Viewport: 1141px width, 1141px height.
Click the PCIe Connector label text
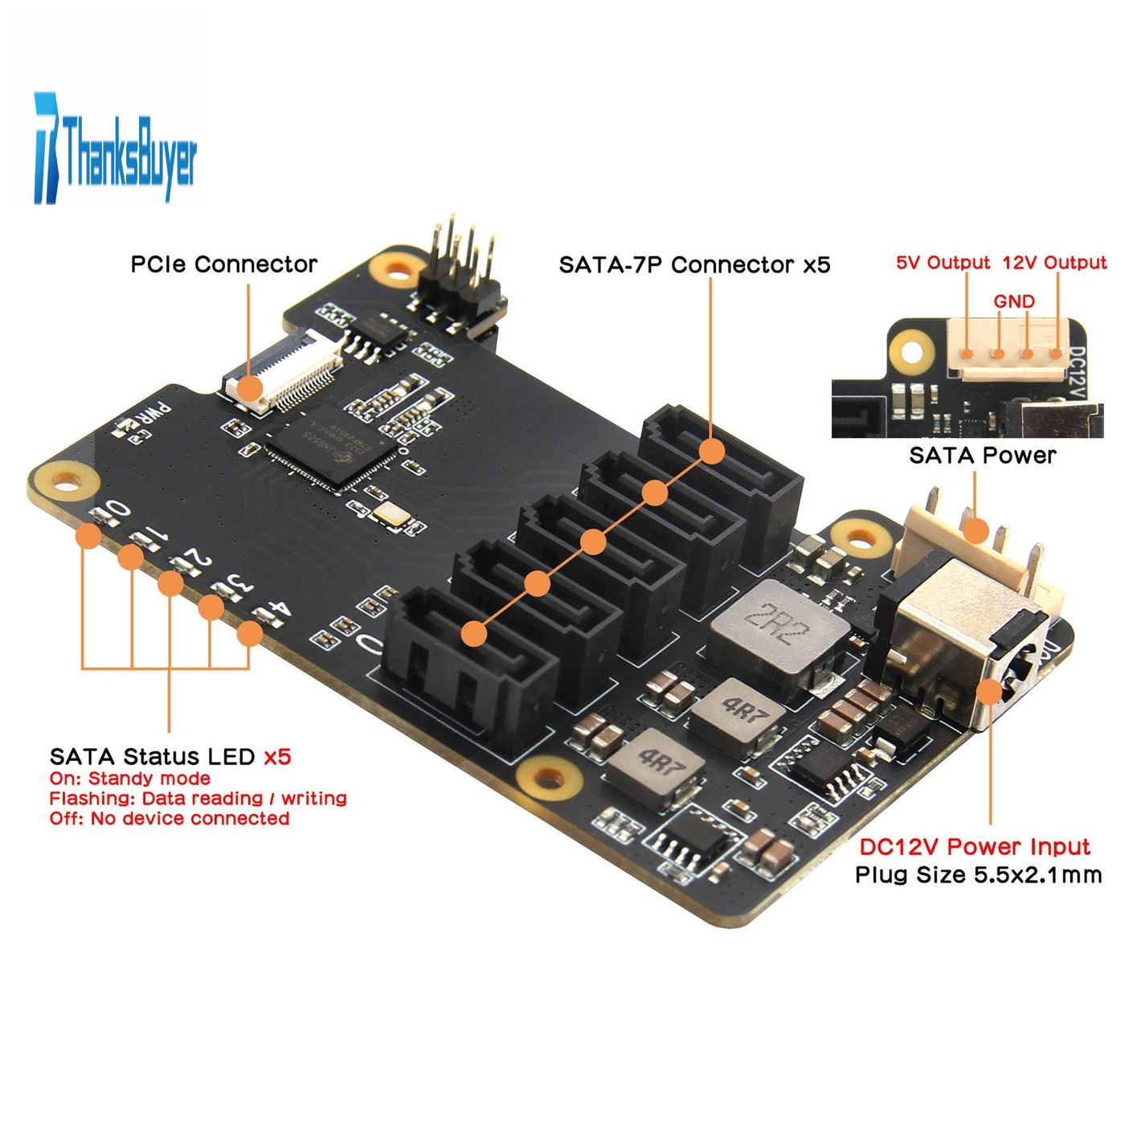tap(223, 264)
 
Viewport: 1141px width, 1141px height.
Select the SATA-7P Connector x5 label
tap(694, 265)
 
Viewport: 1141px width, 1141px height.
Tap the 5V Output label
tap(943, 263)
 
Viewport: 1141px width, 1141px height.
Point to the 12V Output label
tap(1054, 263)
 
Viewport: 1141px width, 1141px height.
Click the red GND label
tap(1014, 301)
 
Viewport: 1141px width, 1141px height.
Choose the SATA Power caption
tap(982, 456)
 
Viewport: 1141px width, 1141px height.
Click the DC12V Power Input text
tap(974, 847)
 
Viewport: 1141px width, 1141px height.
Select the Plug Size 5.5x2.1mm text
tap(978, 875)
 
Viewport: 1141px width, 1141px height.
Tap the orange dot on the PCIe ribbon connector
tap(250, 388)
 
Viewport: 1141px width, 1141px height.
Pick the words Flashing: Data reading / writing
tap(198, 799)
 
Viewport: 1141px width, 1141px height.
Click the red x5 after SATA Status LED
tap(277, 757)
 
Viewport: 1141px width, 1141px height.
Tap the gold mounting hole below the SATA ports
tap(549, 779)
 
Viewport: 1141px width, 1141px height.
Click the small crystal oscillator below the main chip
tap(391, 514)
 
